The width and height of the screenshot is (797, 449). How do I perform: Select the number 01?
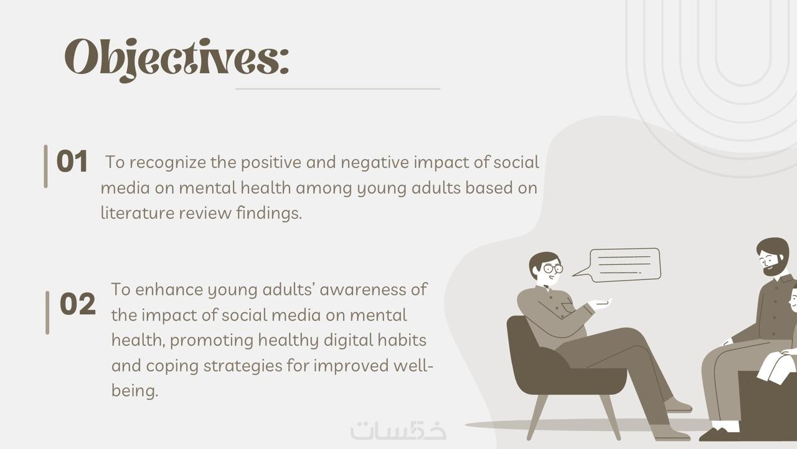click(x=72, y=162)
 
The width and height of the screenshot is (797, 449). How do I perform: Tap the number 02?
click(x=78, y=304)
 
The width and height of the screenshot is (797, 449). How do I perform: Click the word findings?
click(x=269, y=213)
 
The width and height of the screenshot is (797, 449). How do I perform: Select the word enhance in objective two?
click(x=169, y=289)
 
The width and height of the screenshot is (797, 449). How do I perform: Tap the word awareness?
click(x=362, y=290)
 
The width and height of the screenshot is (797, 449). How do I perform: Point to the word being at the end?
click(x=134, y=391)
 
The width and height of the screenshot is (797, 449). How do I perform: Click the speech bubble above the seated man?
click(x=617, y=265)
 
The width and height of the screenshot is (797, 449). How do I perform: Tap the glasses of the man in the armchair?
click(x=553, y=268)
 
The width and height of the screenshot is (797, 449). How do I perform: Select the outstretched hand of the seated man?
click(x=600, y=304)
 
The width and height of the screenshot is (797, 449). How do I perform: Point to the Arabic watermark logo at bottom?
click(x=398, y=430)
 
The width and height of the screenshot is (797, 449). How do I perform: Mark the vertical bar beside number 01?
click(x=45, y=166)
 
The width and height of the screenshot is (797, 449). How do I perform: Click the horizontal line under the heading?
click(x=337, y=89)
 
